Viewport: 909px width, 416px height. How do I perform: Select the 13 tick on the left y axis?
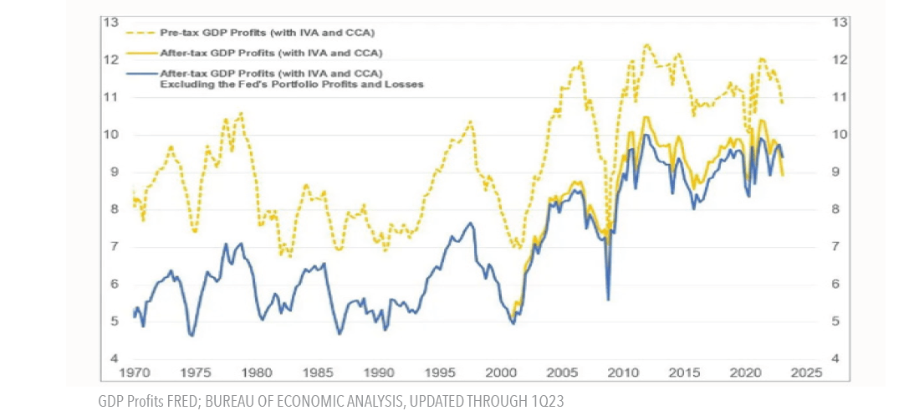pos(110,22)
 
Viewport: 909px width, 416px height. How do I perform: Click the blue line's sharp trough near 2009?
pos(608,300)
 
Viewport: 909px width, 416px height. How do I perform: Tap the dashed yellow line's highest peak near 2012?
pos(646,45)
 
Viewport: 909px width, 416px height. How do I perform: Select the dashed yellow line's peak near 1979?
pos(241,112)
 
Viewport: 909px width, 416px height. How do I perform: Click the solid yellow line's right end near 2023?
pos(783,175)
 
